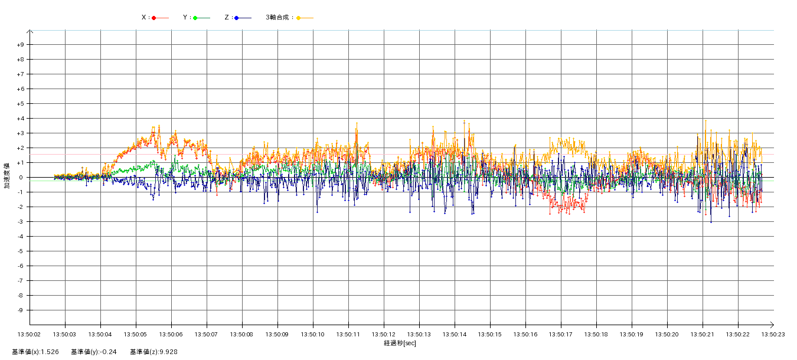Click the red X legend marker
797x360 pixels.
pos(154,18)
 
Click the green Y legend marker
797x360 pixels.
pos(195,18)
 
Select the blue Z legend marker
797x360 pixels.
pos(236,18)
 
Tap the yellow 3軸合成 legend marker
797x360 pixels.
pos(299,18)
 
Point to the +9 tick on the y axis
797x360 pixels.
pos(21,45)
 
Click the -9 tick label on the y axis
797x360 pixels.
pos(21,310)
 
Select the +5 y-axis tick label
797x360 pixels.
pos(21,104)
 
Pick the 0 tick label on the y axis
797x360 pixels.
pos(22,178)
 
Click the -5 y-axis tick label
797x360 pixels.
pos(21,251)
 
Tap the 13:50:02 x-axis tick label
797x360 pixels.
pos(30,334)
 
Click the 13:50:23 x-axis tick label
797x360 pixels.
pos(773,334)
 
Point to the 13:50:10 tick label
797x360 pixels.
pos(313,334)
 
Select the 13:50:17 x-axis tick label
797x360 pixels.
pos(561,334)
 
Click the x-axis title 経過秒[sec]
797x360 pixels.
pos(400,343)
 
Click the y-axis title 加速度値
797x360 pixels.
pos(7,175)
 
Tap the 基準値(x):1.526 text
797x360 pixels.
pos(35,352)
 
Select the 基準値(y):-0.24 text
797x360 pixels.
pos(94,352)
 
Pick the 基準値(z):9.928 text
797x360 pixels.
pos(154,352)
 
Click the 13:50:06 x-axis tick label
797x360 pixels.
pos(171,334)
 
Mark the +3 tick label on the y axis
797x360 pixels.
pos(21,133)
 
